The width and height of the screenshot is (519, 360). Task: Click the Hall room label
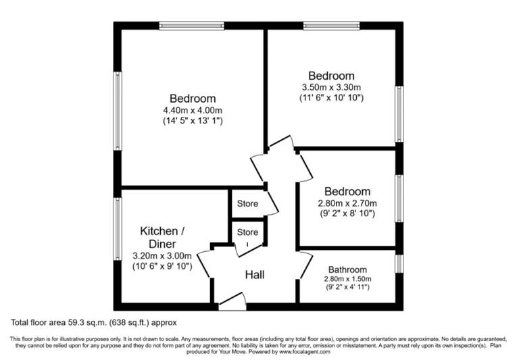click(x=255, y=275)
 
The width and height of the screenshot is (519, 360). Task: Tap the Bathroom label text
click(x=348, y=269)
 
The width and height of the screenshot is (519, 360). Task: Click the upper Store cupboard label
click(x=247, y=203)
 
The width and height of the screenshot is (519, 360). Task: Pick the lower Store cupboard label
click(x=247, y=232)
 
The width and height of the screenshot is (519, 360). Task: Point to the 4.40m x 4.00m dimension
click(x=193, y=110)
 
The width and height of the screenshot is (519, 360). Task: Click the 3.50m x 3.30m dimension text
click(x=331, y=87)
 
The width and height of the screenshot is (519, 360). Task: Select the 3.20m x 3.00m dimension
click(x=162, y=255)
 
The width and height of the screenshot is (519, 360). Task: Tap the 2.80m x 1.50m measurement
click(x=348, y=279)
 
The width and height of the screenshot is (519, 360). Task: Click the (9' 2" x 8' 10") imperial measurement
click(x=347, y=213)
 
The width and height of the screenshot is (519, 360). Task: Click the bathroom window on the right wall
click(x=399, y=263)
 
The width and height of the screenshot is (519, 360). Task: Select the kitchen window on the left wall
click(x=118, y=228)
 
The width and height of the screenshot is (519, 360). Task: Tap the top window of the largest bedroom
click(x=192, y=26)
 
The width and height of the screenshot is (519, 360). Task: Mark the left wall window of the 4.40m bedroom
click(x=118, y=111)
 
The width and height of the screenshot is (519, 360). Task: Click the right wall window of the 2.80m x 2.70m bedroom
click(x=399, y=198)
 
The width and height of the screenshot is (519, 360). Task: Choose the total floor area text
click(x=93, y=323)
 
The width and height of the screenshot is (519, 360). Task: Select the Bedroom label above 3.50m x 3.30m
click(x=331, y=76)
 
